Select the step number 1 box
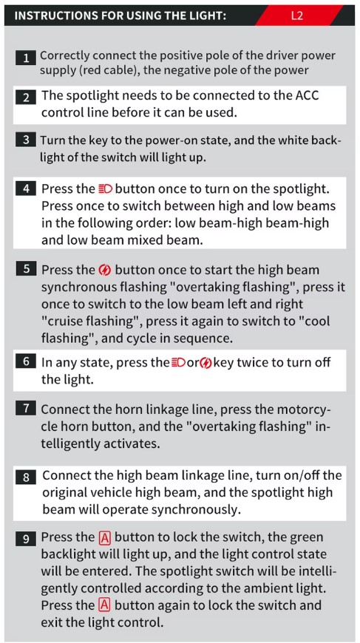(x=27, y=58)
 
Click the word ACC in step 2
(x=307, y=96)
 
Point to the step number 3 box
(x=27, y=140)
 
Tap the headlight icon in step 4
(x=106, y=189)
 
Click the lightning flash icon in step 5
(x=105, y=271)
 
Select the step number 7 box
(x=27, y=409)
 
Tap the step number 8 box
(x=27, y=478)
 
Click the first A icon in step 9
(x=105, y=537)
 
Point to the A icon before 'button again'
(x=105, y=605)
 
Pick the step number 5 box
(x=27, y=270)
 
